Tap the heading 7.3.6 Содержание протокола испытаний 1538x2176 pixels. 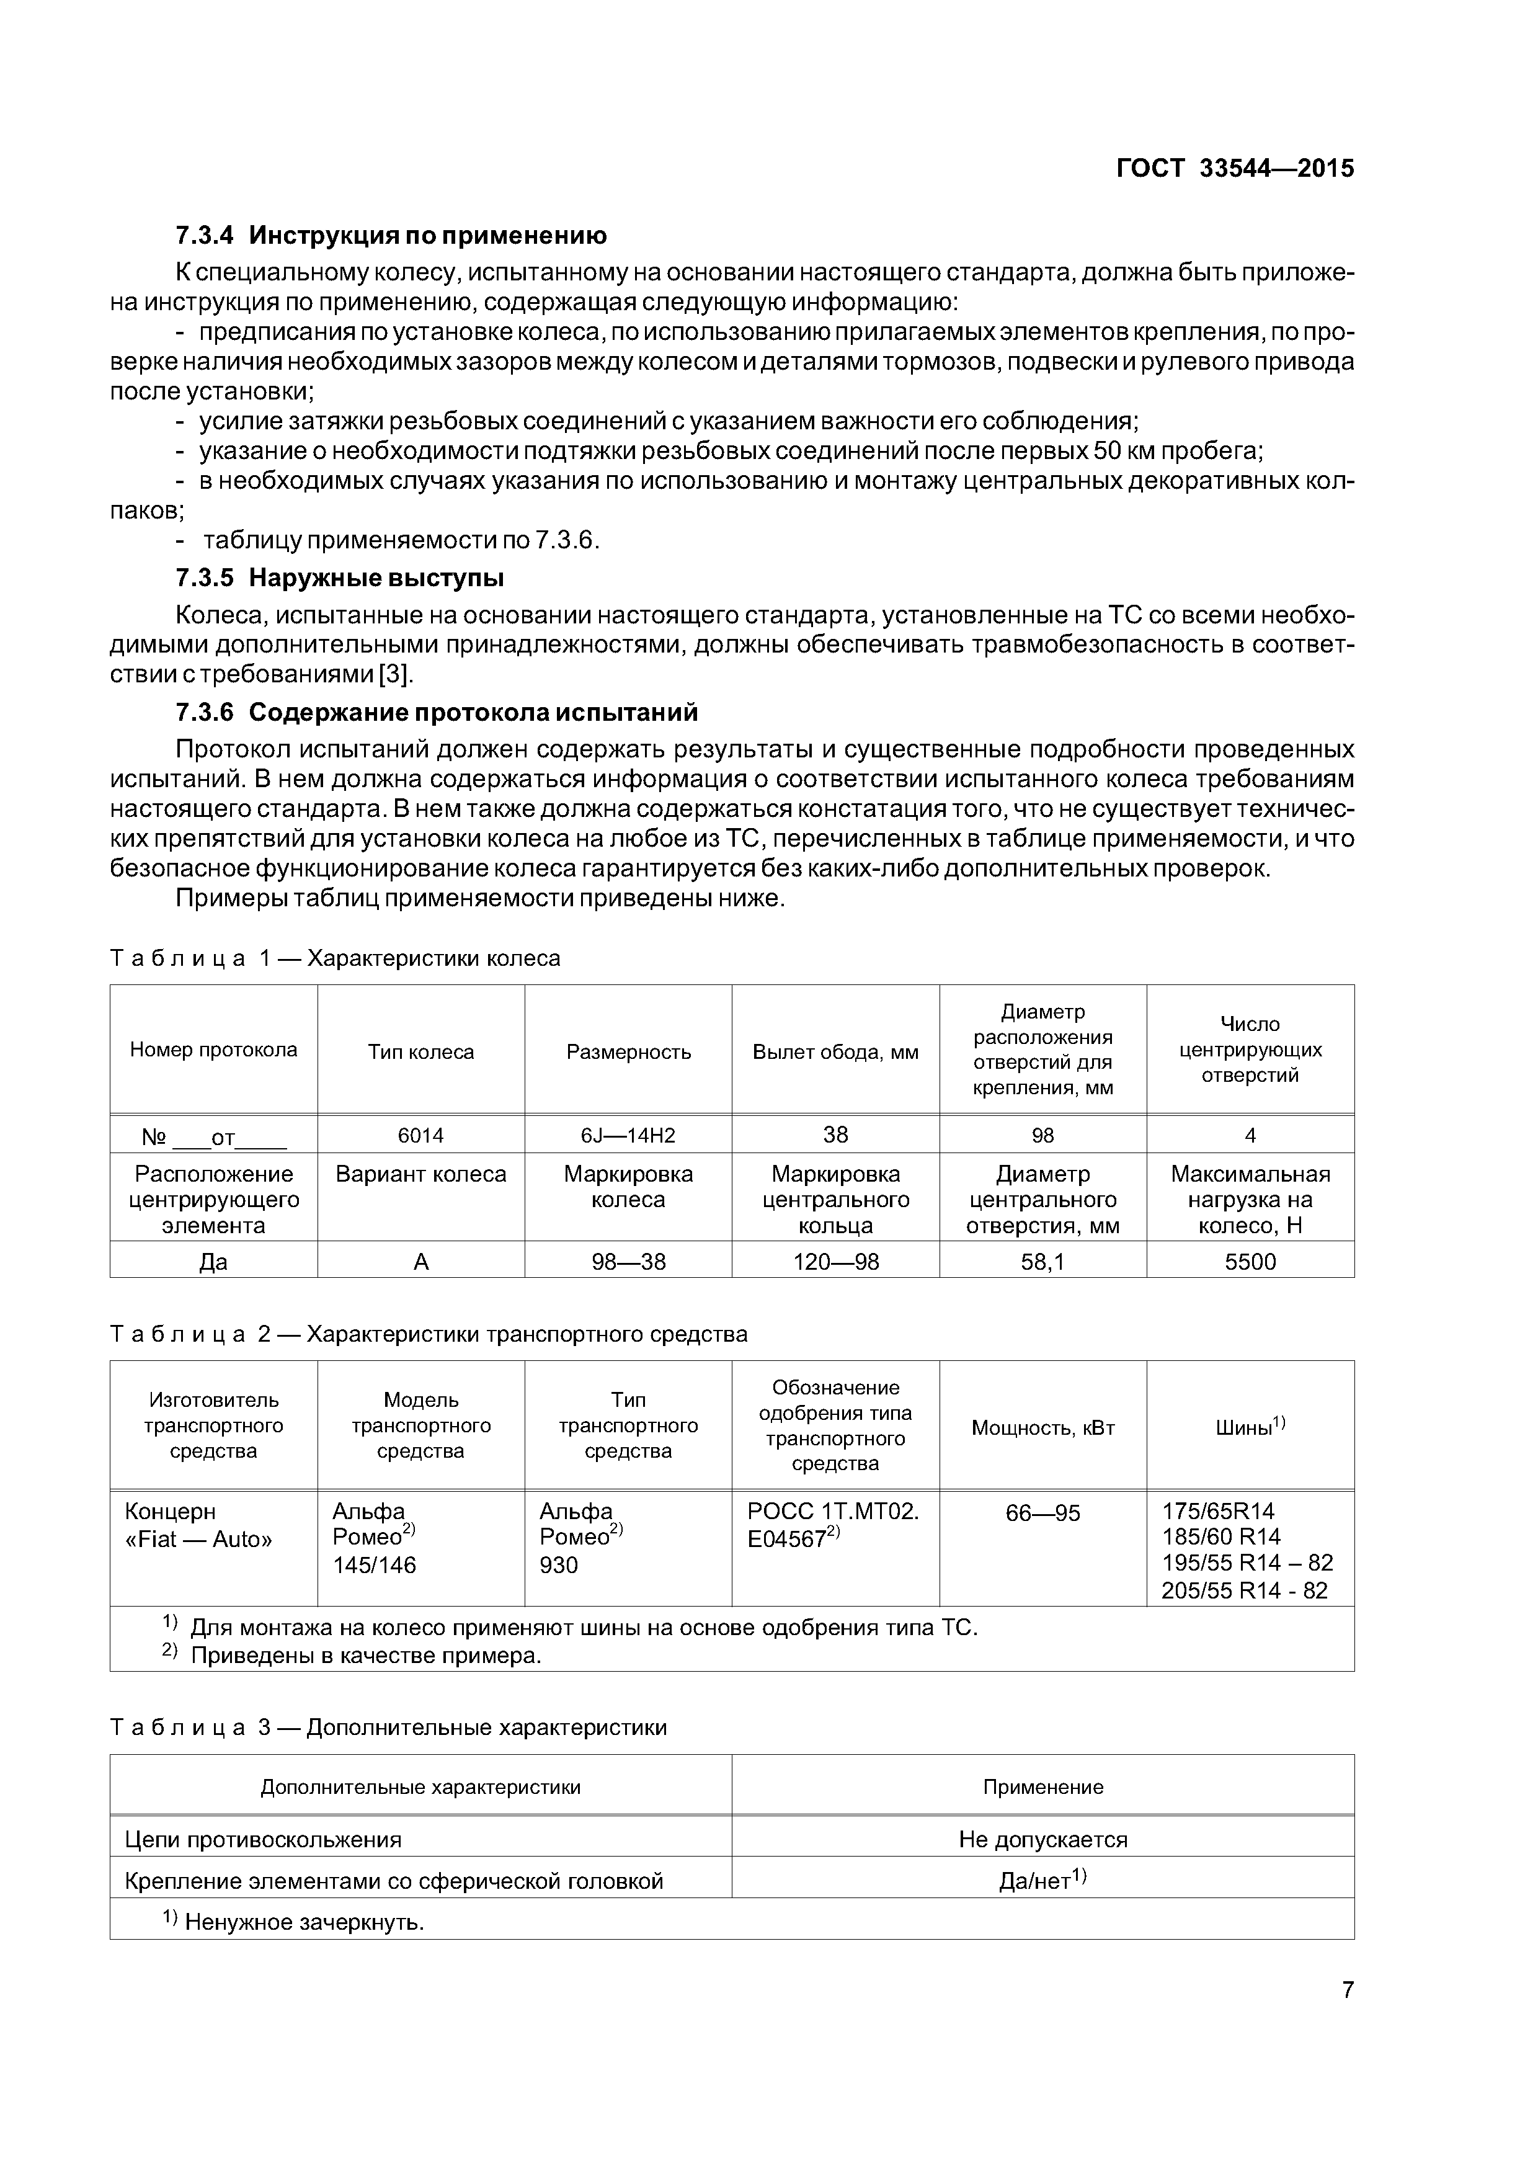coord(436,711)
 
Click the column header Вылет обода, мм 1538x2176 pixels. coord(835,1052)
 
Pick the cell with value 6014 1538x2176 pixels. coord(420,1135)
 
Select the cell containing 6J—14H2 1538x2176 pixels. coord(628,1135)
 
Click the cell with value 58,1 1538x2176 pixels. coord(1042,1262)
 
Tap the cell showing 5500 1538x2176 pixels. coord(1250,1262)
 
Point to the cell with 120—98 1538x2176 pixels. coord(835,1262)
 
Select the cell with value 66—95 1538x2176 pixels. coord(1042,1512)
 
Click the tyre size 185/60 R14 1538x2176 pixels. coord(1220,1536)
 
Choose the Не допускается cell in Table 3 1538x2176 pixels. coord(1042,1840)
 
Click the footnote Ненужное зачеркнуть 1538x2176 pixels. coord(303,1922)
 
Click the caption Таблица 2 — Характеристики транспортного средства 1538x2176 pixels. coord(429,1334)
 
